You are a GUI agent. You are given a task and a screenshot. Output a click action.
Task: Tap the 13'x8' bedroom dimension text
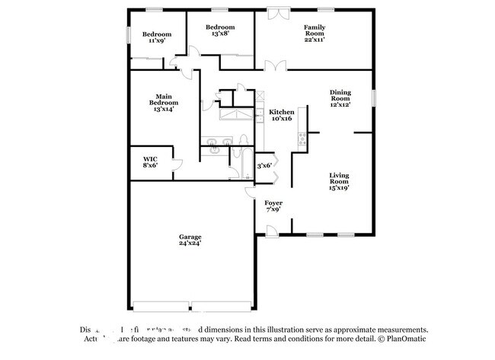(213, 33)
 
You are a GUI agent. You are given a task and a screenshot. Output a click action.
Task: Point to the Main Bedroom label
(163, 102)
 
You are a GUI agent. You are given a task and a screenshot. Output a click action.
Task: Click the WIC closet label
(150, 163)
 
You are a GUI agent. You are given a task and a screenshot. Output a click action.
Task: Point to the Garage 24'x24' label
(190, 241)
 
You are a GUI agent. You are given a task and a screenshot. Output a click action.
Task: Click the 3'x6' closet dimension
(264, 165)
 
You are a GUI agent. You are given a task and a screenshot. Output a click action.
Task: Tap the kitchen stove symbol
(302, 138)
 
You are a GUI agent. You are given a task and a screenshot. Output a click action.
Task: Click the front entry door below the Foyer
(271, 230)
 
